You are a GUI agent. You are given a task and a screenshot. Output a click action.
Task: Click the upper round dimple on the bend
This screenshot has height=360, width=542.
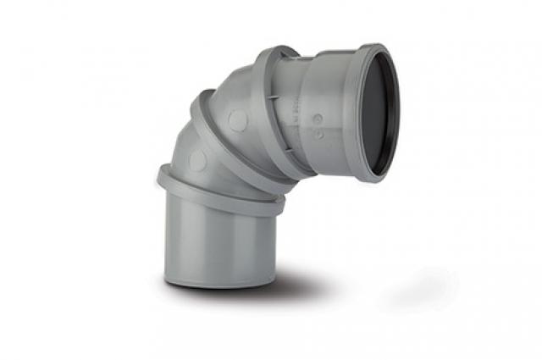tap(237, 120)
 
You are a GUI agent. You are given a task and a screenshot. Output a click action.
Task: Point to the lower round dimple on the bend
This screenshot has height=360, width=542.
tap(198, 160)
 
